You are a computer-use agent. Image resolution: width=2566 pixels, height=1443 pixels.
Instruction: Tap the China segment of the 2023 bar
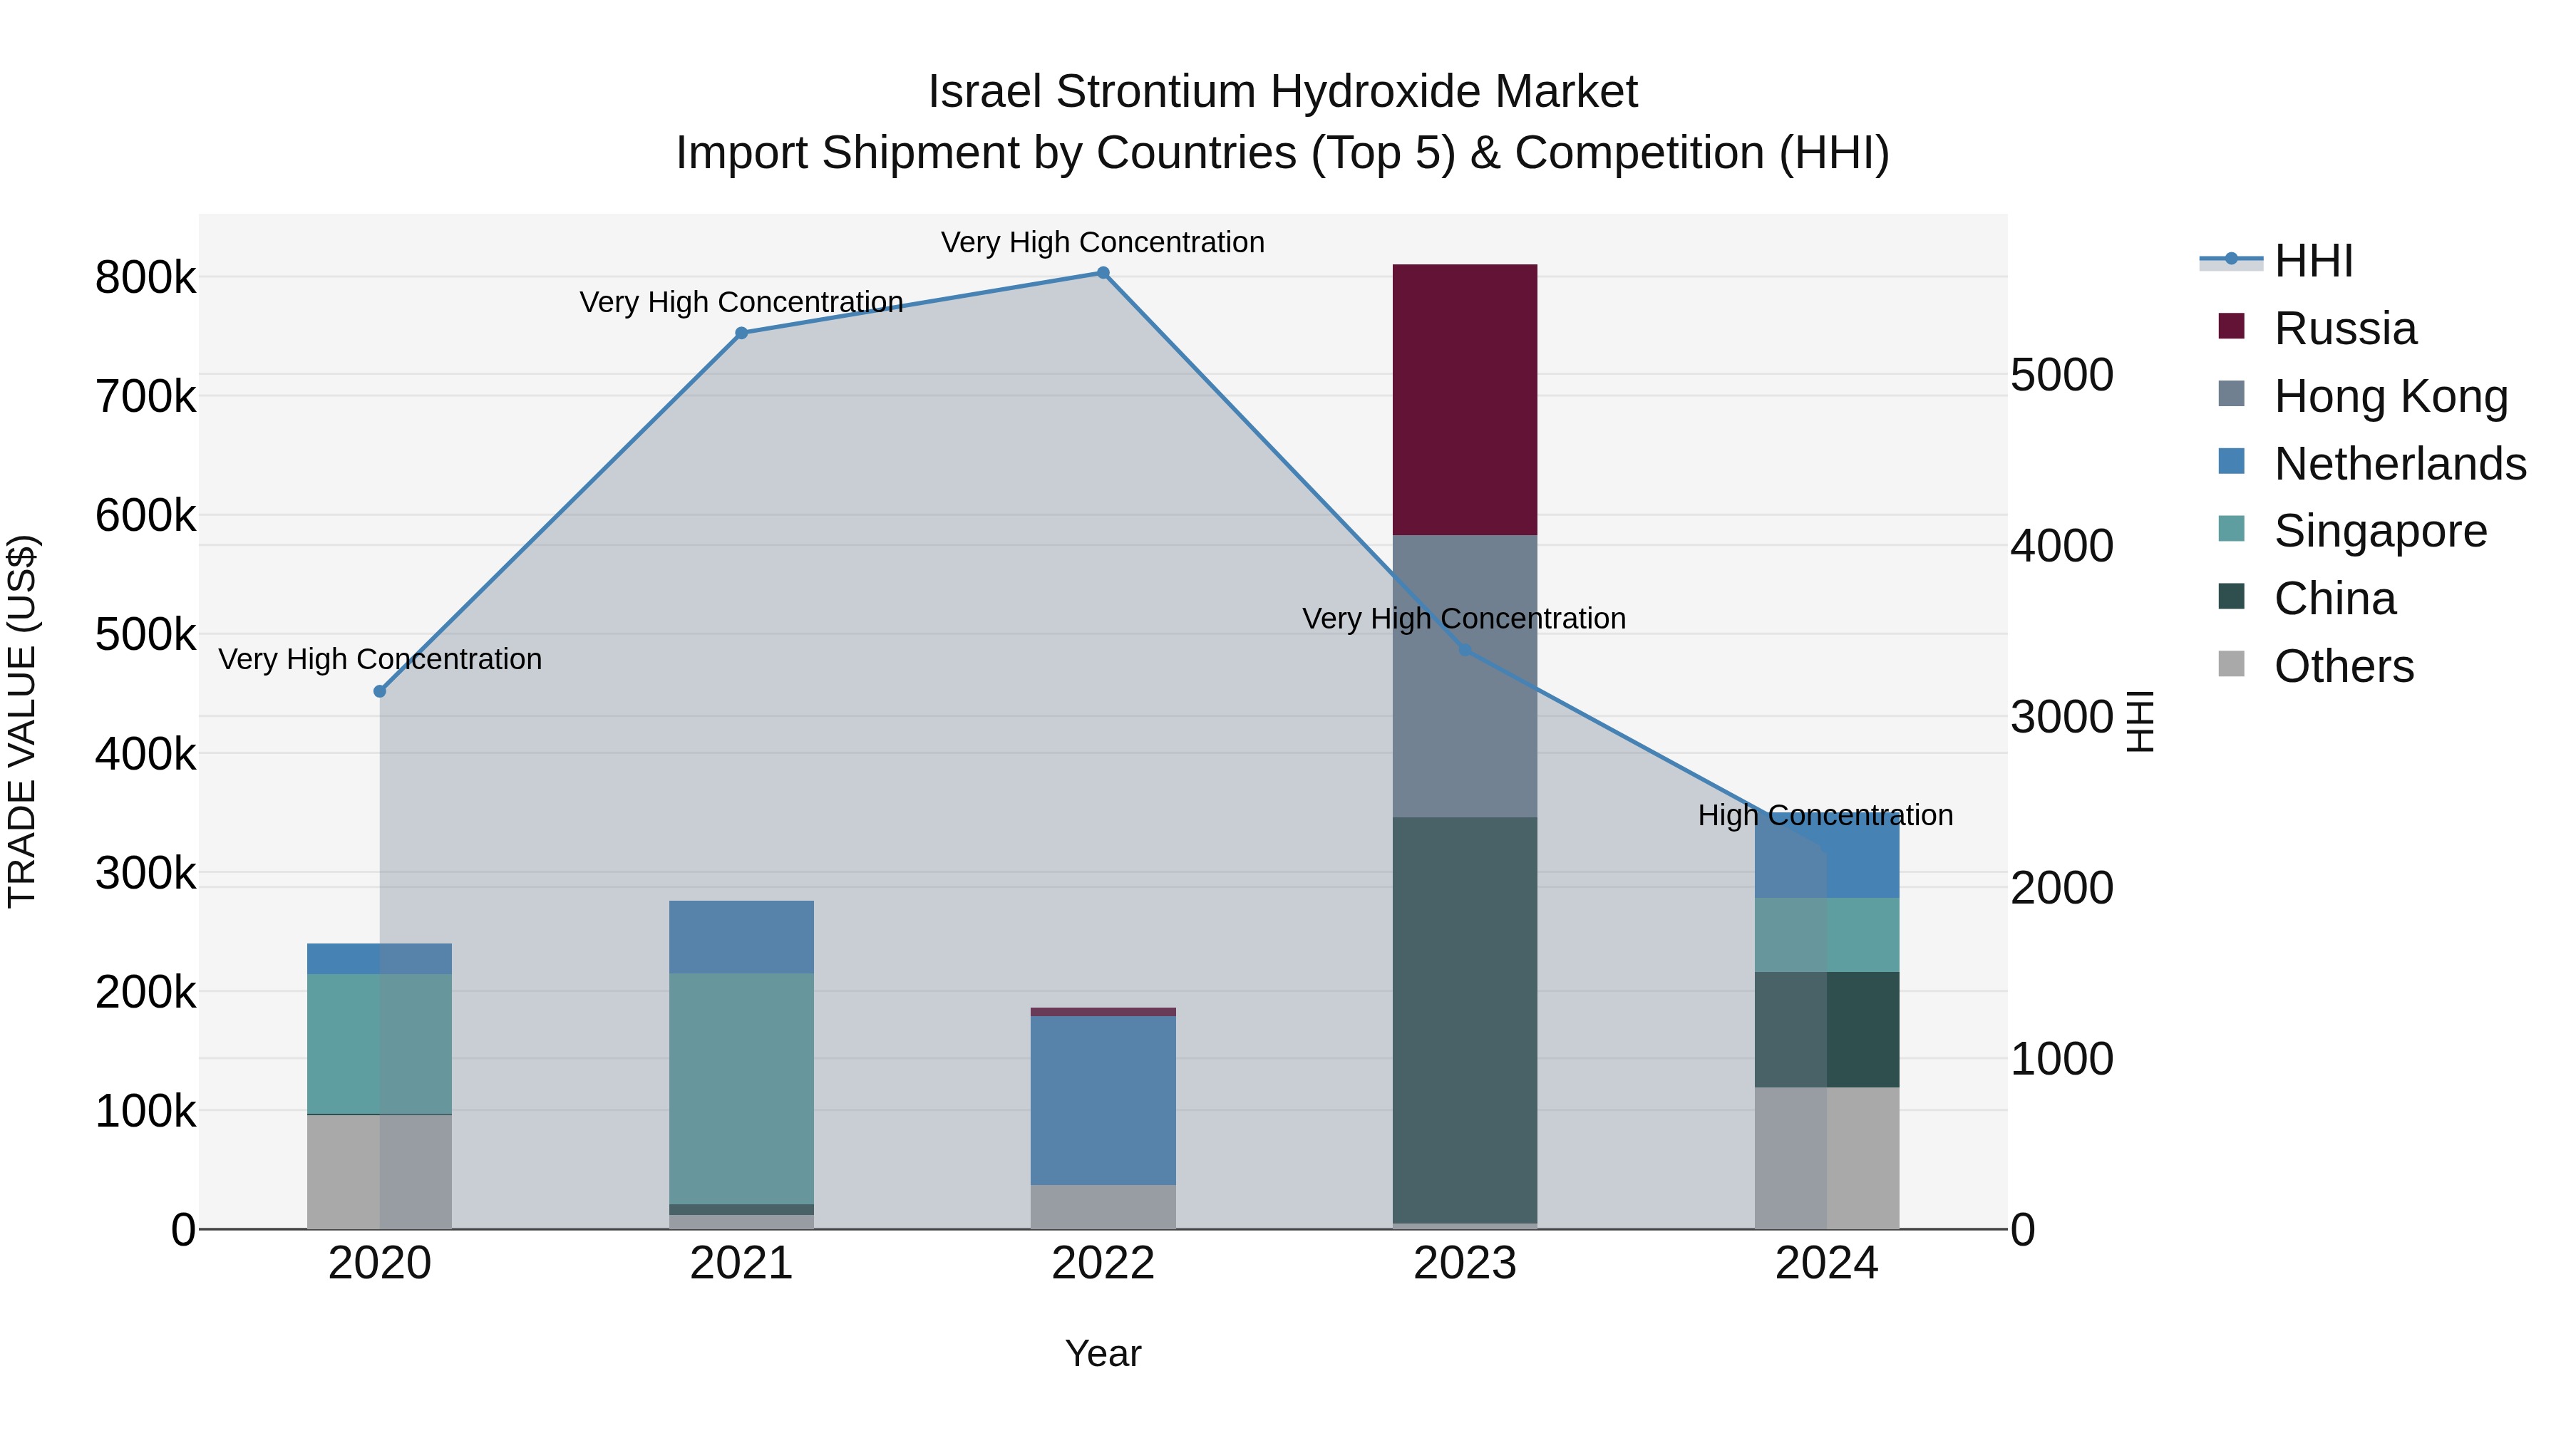1464,1020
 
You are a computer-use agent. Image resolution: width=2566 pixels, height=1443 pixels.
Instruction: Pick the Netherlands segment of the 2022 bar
1103,1100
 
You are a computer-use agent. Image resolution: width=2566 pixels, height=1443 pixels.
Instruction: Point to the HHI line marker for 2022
1103,273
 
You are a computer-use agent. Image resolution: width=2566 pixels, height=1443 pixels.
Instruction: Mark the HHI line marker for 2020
379,691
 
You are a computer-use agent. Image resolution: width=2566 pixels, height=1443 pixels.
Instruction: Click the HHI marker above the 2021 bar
741,333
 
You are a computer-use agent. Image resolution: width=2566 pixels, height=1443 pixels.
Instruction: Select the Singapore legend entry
2380,531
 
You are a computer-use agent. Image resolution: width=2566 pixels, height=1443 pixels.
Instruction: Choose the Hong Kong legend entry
2390,396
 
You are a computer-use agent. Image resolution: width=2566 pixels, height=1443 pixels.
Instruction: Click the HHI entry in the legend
2313,261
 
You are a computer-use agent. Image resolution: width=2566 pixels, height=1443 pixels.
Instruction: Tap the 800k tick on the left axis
145,278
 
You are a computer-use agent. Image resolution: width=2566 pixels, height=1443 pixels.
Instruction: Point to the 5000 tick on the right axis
2061,376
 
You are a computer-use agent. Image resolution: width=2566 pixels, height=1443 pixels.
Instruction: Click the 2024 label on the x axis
1826,1263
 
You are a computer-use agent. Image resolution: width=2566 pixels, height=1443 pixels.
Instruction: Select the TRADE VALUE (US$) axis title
23,721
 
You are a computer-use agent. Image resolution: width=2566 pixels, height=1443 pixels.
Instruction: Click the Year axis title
1103,1353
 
